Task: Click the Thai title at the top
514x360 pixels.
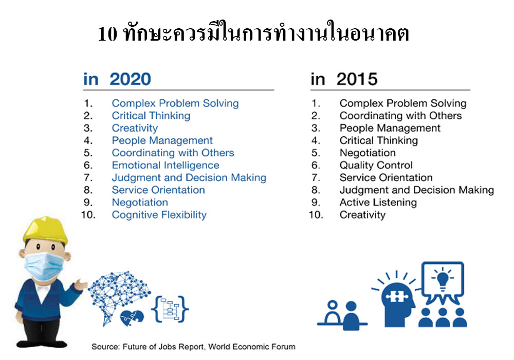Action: click(x=253, y=33)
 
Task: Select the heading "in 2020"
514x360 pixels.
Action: click(x=117, y=79)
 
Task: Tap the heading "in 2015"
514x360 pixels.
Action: click(x=344, y=79)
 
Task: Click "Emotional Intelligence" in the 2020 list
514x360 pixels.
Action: click(x=166, y=165)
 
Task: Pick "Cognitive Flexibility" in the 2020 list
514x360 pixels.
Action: click(x=159, y=215)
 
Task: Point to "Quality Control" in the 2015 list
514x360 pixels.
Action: click(x=376, y=165)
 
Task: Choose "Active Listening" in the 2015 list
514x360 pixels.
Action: click(x=378, y=202)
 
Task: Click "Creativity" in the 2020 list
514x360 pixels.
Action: click(x=135, y=128)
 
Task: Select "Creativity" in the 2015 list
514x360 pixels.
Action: click(x=362, y=215)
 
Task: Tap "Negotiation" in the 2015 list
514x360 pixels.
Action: click(x=368, y=153)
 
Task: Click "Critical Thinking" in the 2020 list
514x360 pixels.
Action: click(x=151, y=116)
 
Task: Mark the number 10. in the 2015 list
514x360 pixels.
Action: click(x=316, y=215)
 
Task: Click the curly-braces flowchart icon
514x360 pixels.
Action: click(x=170, y=309)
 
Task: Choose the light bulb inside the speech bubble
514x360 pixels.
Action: click(x=443, y=279)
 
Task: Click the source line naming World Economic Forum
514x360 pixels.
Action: click(x=193, y=347)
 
